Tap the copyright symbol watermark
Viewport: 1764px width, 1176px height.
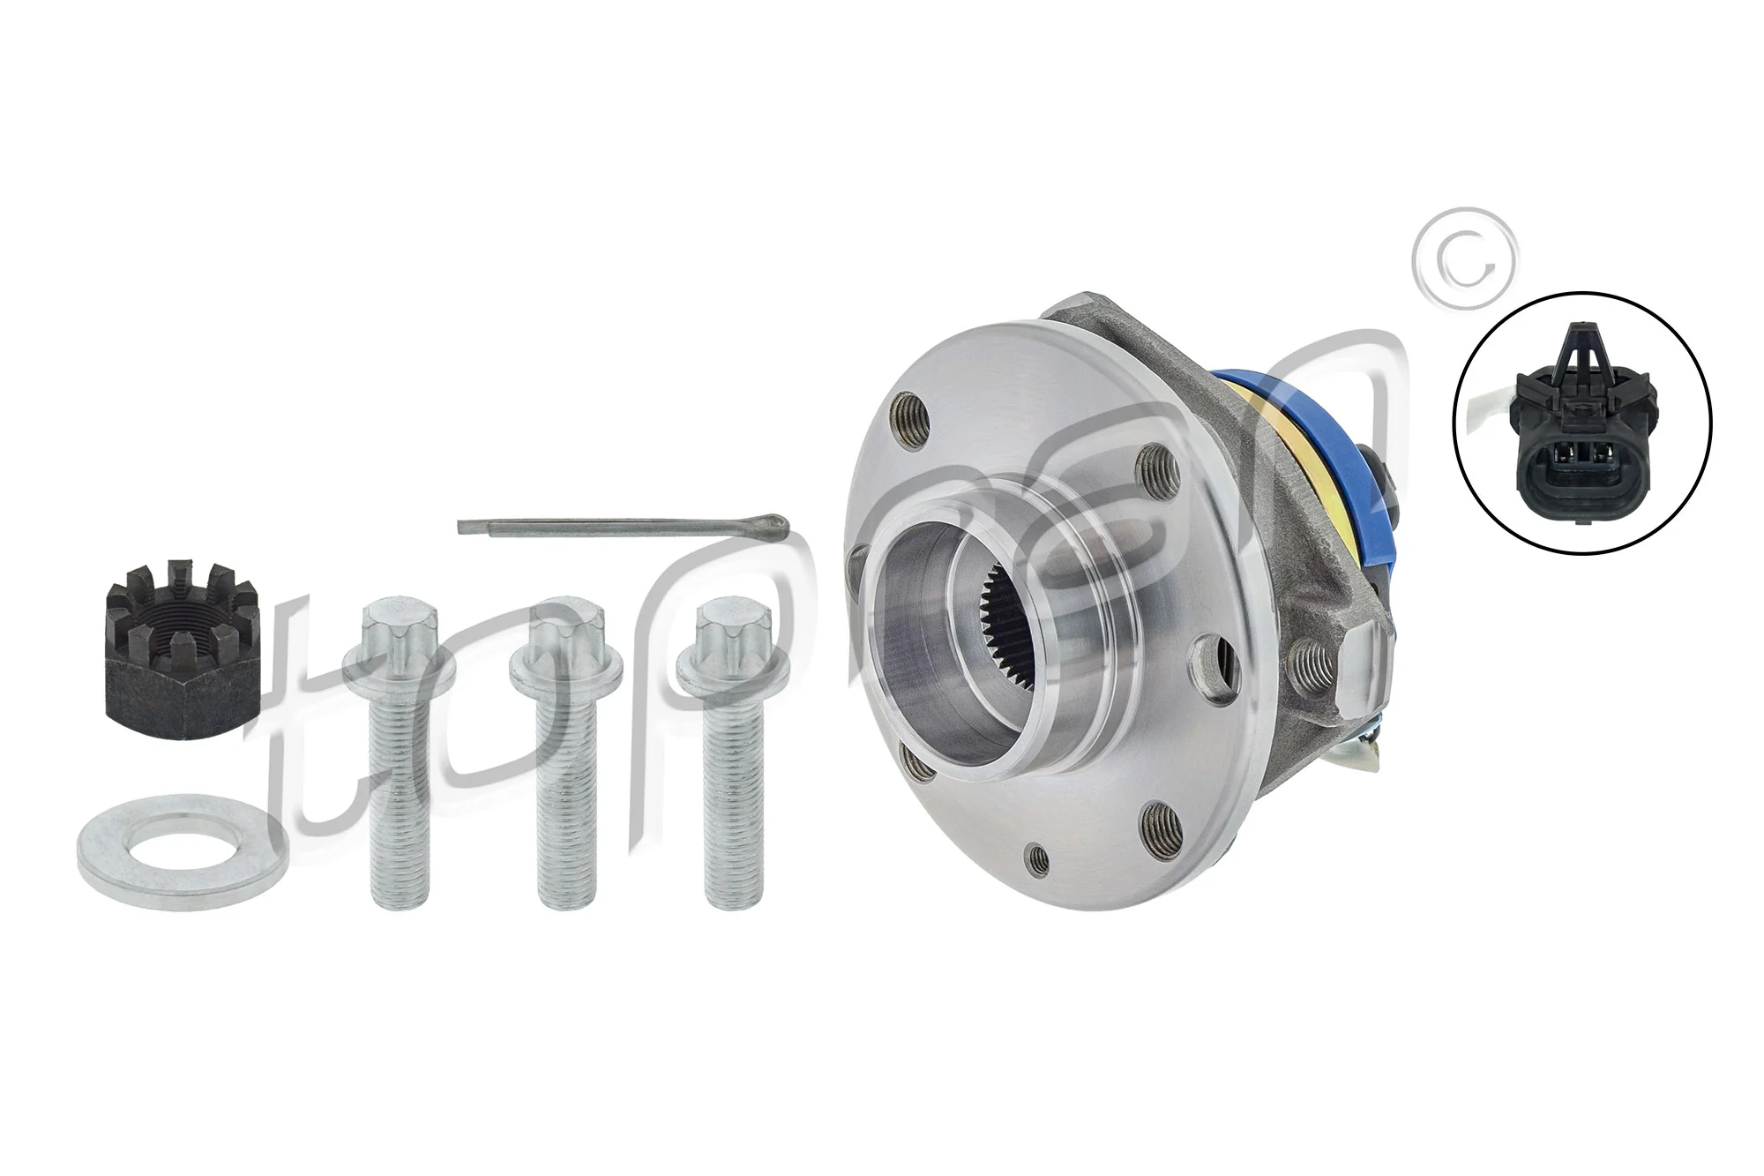click(1464, 259)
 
